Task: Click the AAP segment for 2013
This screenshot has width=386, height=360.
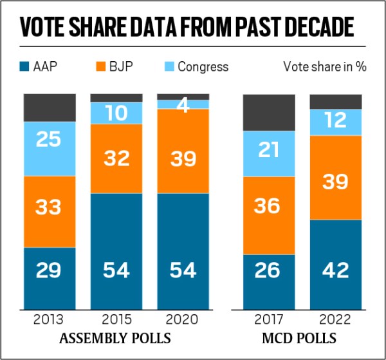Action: coord(50,270)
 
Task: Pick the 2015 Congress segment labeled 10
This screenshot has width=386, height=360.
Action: coord(116,113)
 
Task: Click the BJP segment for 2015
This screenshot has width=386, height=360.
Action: coord(116,158)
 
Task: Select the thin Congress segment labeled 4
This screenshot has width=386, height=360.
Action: coord(183,104)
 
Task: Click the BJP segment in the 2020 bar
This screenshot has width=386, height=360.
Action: coord(183,151)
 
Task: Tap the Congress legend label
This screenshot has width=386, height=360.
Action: coord(202,66)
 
